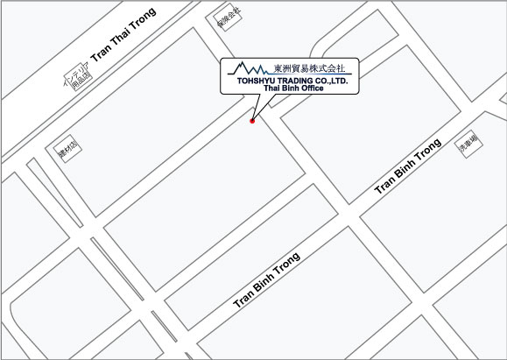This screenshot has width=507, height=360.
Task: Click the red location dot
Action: tap(252, 121)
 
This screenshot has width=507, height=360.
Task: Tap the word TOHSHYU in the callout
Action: tap(254, 80)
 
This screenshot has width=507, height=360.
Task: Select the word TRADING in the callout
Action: tap(295, 80)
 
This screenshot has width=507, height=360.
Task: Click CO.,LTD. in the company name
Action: tap(333, 80)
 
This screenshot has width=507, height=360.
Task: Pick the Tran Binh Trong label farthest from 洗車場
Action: tap(266, 279)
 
